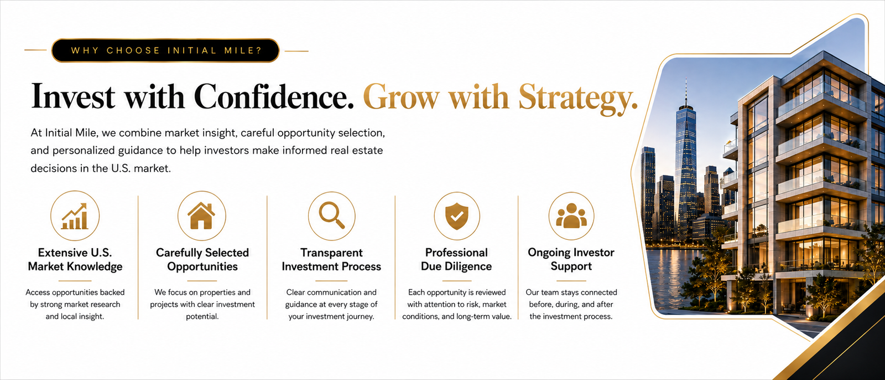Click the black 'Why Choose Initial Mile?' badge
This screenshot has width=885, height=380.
[x=165, y=50]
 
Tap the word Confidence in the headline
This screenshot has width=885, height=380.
[x=274, y=96]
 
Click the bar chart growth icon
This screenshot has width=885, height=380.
[x=75, y=216]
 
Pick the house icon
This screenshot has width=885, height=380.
[x=201, y=215]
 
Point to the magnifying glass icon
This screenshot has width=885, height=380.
[x=331, y=215]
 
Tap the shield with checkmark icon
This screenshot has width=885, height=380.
[x=457, y=216]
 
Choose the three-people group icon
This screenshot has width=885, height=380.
[x=571, y=215]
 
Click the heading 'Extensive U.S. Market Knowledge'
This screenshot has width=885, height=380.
[x=75, y=260]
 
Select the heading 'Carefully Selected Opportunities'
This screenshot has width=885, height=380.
[x=202, y=260]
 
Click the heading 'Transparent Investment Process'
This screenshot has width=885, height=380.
[x=331, y=260]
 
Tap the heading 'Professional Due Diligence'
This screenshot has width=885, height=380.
[x=456, y=260]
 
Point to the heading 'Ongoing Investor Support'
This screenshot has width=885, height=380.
[x=571, y=260]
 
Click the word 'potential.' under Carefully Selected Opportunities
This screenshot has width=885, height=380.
[x=202, y=317]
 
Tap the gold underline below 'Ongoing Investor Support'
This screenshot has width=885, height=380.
[x=571, y=281]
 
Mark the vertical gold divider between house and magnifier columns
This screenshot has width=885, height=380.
[x=267, y=257]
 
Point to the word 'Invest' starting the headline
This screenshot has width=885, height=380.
[x=73, y=96]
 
